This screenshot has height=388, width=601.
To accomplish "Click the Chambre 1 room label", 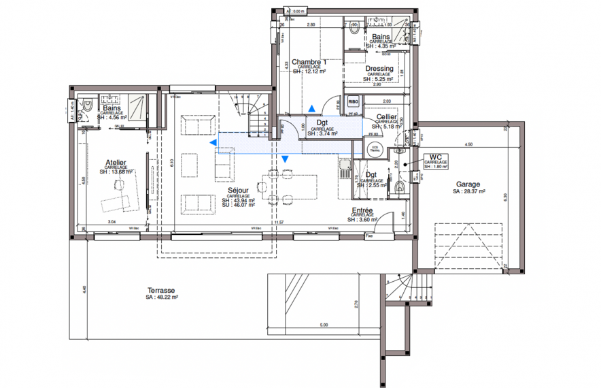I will pyautogui.click(x=309, y=62).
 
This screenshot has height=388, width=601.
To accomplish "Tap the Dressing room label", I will pyautogui.click(x=379, y=69).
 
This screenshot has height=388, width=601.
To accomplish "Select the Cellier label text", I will pyautogui.click(x=386, y=117).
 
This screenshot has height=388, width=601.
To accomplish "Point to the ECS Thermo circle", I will pyautogui.click(x=373, y=147).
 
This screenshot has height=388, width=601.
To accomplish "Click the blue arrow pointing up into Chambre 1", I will pyautogui.click(x=311, y=108).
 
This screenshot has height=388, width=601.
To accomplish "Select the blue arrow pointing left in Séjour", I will pyautogui.click(x=213, y=142).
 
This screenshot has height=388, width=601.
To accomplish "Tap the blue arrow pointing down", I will pyautogui.click(x=286, y=159).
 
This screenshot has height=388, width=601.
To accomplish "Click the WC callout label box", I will pyautogui.click(x=436, y=160).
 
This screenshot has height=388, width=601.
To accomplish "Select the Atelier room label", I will pyautogui.click(x=116, y=163).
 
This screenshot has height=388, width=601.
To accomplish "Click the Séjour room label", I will pyautogui.click(x=238, y=191).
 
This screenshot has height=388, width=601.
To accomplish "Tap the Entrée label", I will pyautogui.click(x=361, y=211).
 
